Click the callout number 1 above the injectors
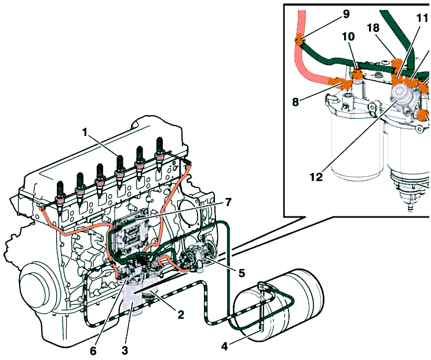85,133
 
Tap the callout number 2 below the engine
181,315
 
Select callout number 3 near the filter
124,350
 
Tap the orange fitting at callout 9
299,41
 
